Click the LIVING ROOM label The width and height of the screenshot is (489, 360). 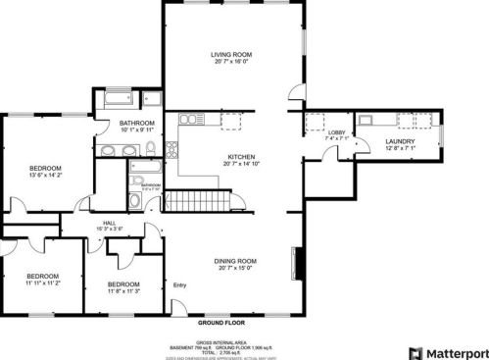coord(232,54)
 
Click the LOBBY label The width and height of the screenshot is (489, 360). coord(336,131)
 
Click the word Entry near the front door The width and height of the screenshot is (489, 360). coord(179,285)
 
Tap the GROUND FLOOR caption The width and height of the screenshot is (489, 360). coord(220,322)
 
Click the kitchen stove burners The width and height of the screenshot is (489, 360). coord(171,150)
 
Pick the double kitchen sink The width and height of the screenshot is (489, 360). coord(190,120)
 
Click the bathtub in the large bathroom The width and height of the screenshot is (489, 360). coord(117,98)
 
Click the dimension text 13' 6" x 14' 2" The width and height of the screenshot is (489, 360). coord(45,176)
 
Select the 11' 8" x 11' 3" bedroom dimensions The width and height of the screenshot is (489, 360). coord(123,291)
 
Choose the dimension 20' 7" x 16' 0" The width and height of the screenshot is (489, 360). coord(232,62)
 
